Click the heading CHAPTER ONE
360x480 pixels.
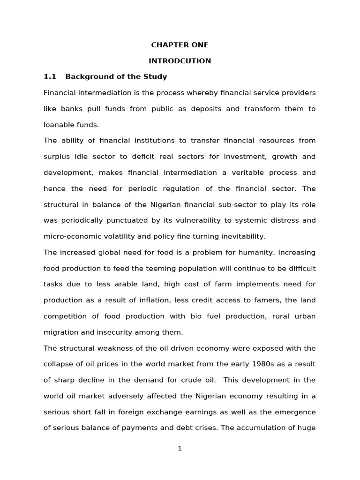tap(180, 45)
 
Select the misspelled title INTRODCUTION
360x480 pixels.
tap(180, 61)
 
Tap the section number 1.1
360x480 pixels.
tap(50, 76)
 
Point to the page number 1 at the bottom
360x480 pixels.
tap(180, 449)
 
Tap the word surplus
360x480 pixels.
tap(57, 157)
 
